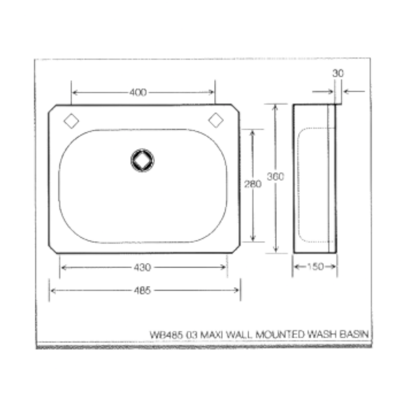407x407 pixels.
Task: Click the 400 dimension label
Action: pos(138,92)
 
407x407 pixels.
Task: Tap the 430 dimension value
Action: pos(142,267)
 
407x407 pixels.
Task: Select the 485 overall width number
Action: pos(142,290)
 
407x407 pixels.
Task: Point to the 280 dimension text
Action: pos(253,184)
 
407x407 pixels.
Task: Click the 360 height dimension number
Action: pos(275,177)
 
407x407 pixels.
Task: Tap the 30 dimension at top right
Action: pos(338,74)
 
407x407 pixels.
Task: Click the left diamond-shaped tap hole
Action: pos(71,121)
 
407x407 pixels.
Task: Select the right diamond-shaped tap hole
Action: pos(216,120)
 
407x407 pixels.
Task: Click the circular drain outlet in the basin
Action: pos(142,160)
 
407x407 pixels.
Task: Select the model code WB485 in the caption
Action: pos(166,335)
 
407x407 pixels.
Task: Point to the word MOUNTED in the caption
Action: pos(280,335)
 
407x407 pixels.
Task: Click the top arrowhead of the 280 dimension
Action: pos(253,132)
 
